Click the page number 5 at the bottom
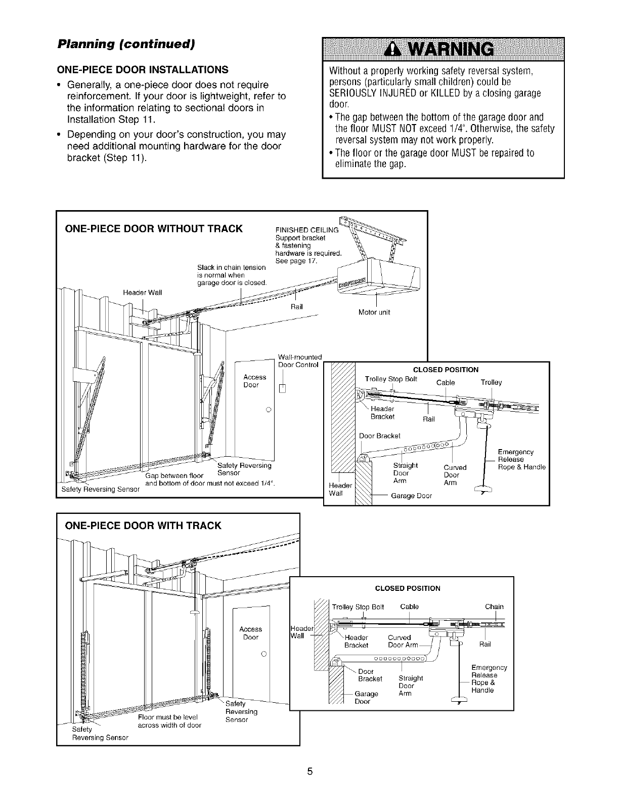pyautogui.click(x=309, y=772)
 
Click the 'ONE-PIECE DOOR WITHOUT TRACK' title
pyautogui.click(x=154, y=228)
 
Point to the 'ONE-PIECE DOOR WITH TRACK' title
pyautogui.click(x=144, y=526)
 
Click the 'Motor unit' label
pyautogui.click(x=374, y=312)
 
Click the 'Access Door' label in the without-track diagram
pyautogui.click(x=254, y=381)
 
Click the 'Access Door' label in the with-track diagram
pyautogui.click(x=251, y=633)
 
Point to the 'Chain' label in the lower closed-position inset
pyautogui.click(x=494, y=607)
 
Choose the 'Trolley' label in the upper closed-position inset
pyautogui.click(x=491, y=382)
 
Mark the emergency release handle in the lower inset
pyautogui.click(x=459, y=701)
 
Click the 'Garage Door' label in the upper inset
pyautogui.click(x=411, y=496)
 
